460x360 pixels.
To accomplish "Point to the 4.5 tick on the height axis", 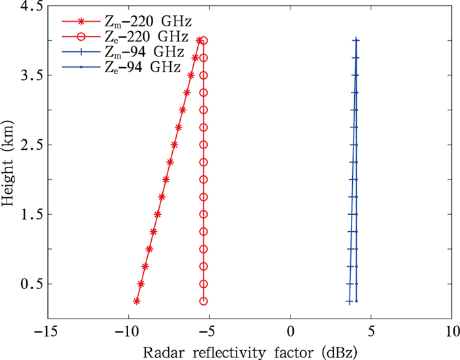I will click(x=32, y=7).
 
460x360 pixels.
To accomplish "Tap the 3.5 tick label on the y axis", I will click(x=32, y=76).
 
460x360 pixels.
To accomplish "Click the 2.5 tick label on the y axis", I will click(x=32, y=145).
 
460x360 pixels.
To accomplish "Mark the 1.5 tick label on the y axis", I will click(x=32, y=214).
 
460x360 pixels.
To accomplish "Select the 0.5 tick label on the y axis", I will click(x=32, y=284).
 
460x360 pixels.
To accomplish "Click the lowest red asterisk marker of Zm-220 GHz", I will click(x=137, y=301).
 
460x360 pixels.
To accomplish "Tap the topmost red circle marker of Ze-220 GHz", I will click(x=204, y=41).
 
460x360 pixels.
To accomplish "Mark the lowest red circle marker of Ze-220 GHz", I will click(x=204, y=301).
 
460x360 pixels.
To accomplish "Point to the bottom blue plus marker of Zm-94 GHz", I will click(x=349, y=301).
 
